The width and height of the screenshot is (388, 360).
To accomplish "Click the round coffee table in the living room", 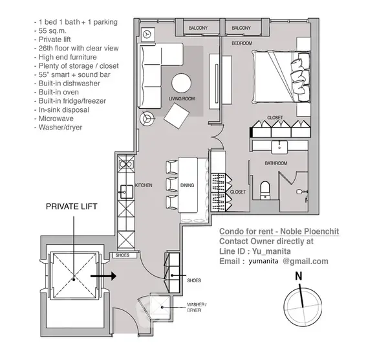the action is [181, 83].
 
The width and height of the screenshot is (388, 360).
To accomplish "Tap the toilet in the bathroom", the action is [265, 190].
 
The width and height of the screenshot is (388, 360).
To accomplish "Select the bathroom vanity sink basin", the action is [279, 147].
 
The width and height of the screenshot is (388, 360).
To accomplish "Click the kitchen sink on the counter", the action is [127, 192].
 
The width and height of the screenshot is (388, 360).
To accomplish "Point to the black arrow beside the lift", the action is [103, 276].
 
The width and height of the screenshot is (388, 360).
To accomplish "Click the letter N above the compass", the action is [299, 276].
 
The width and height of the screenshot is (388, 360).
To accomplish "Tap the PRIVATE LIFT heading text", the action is [72, 207].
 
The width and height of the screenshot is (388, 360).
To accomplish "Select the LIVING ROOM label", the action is [182, 98].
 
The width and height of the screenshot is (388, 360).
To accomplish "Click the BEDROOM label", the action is [242, 43].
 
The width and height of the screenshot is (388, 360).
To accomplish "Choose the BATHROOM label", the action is [276, 163].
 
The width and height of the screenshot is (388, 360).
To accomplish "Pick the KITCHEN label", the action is [144, 185].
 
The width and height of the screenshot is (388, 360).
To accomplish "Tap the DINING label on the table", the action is [187, 185].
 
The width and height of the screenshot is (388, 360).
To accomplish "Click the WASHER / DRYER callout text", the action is [197, 307].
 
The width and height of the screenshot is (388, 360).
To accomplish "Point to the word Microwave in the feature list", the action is [56, 118].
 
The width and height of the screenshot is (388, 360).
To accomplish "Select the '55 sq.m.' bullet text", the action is [52, 30].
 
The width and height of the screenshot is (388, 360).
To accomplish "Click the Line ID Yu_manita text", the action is [255, 251].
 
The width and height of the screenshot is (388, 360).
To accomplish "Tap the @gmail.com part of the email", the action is [305, 262].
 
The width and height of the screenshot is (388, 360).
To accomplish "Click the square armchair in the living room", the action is [177, 116].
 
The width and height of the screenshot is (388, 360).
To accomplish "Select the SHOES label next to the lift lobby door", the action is [122, 255].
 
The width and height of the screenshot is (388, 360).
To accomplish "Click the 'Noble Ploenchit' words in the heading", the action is [310, 231].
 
